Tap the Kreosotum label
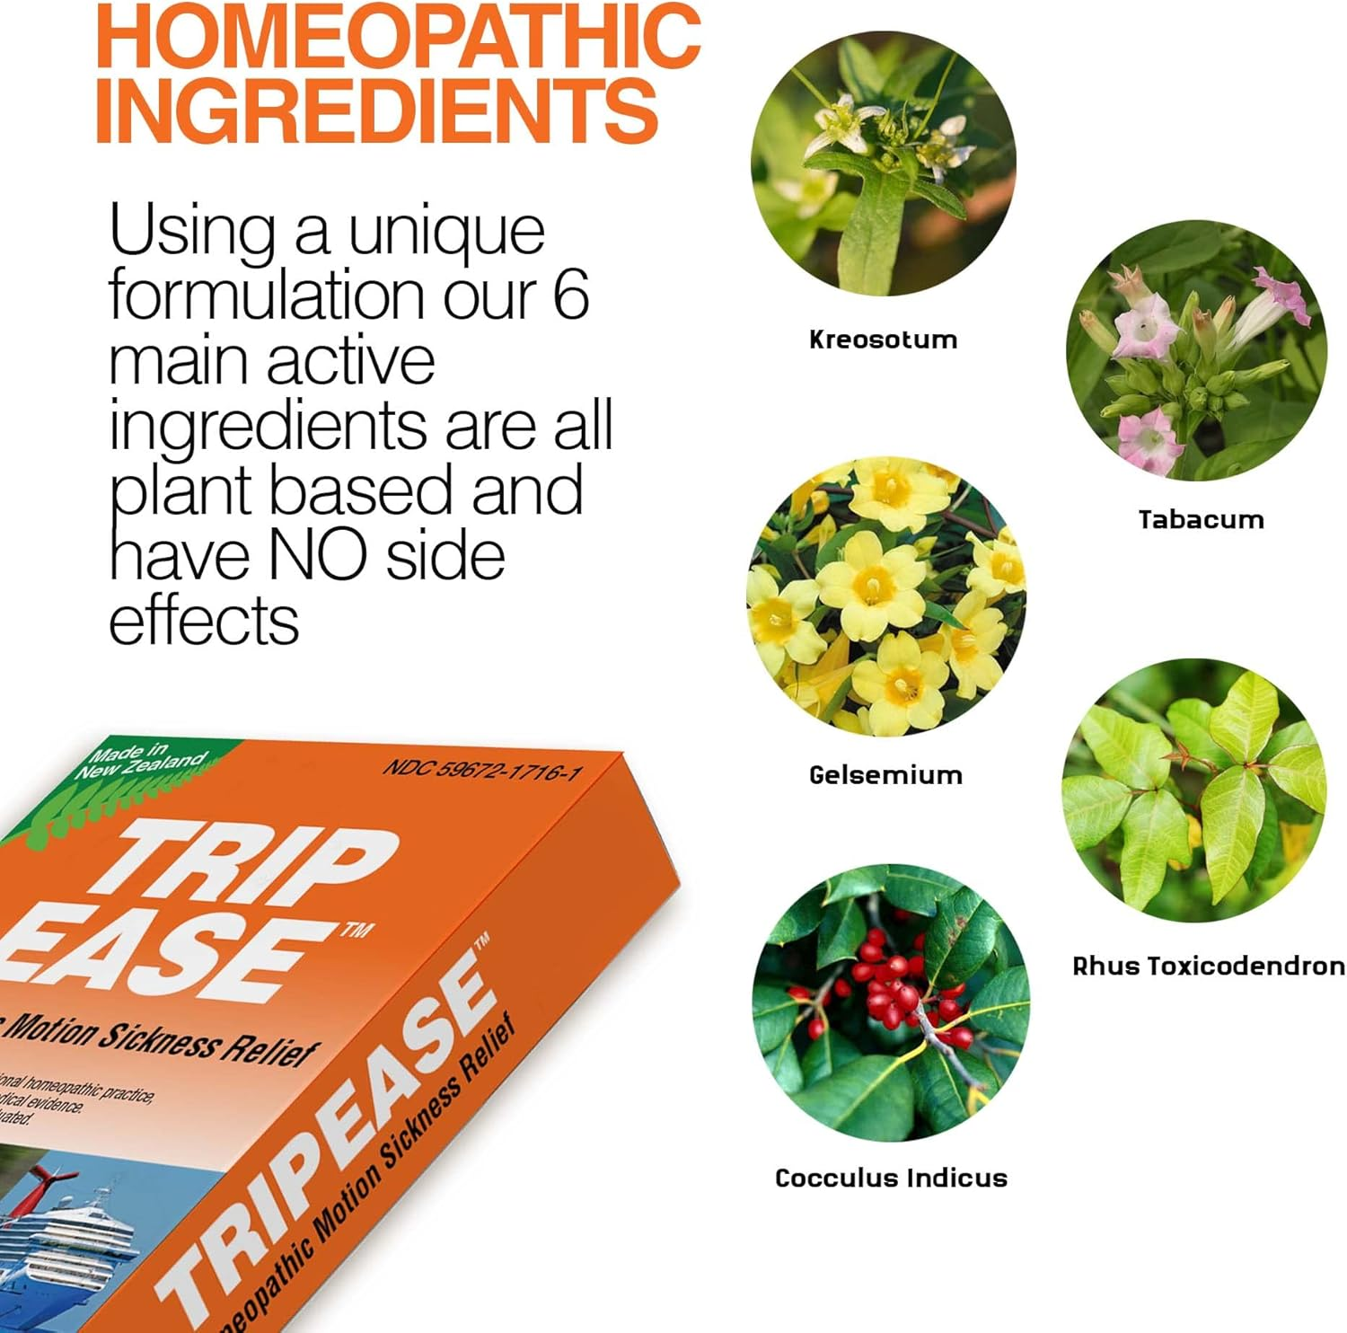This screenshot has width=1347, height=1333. click(883, 340)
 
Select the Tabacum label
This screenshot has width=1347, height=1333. click(1201, 519)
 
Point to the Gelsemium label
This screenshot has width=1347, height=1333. click(885, 774)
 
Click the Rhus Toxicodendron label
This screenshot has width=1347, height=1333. click(1208, 966)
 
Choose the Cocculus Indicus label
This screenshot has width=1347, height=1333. click(891, 1178)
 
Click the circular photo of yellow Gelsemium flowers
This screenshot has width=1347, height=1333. click(886, 596)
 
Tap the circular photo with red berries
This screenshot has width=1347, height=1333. click(891, 1002)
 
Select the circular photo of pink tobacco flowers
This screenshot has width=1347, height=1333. click(1196, 350)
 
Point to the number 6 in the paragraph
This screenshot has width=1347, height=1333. click(571, 294)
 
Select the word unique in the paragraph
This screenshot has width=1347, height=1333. click(446, 231)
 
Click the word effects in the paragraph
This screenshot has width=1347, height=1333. click(204, 621)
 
